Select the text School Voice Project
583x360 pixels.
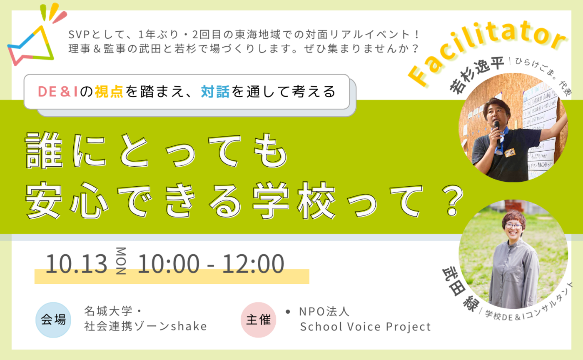[x=365, y=327]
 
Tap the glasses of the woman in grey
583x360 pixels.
[x=513, y=226]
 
